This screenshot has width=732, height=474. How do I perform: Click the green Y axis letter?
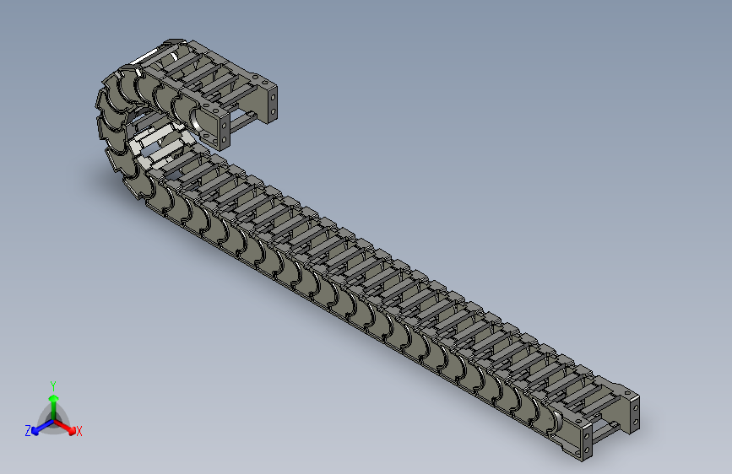coord(53,385)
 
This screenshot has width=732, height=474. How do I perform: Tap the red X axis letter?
coord(79,431)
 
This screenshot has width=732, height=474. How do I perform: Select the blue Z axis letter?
coord(28,431)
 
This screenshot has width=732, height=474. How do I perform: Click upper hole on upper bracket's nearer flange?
coord(224,125)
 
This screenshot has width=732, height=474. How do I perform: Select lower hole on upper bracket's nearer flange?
coord(224,139)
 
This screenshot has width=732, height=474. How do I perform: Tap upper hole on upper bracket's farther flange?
coord(273,97)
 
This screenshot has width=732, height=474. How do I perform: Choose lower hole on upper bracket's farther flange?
coord(273,111)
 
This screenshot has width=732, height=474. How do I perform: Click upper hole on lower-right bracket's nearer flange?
coord(587,436)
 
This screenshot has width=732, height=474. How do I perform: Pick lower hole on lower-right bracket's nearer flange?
coord(587,450)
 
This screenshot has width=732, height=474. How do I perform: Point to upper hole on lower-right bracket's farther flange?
coord(636,408)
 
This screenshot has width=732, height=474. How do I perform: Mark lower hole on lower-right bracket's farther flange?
coord(636,422)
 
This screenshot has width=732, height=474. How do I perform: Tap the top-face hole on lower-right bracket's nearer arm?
coord(578,421)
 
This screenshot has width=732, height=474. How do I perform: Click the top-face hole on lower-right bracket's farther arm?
coord(626,393)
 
